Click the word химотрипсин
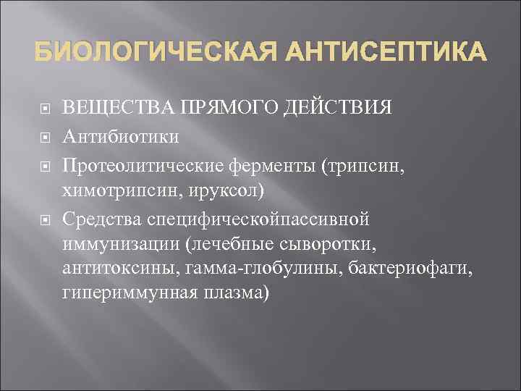(x=110, y=190)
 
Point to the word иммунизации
(x=120, y=243)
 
